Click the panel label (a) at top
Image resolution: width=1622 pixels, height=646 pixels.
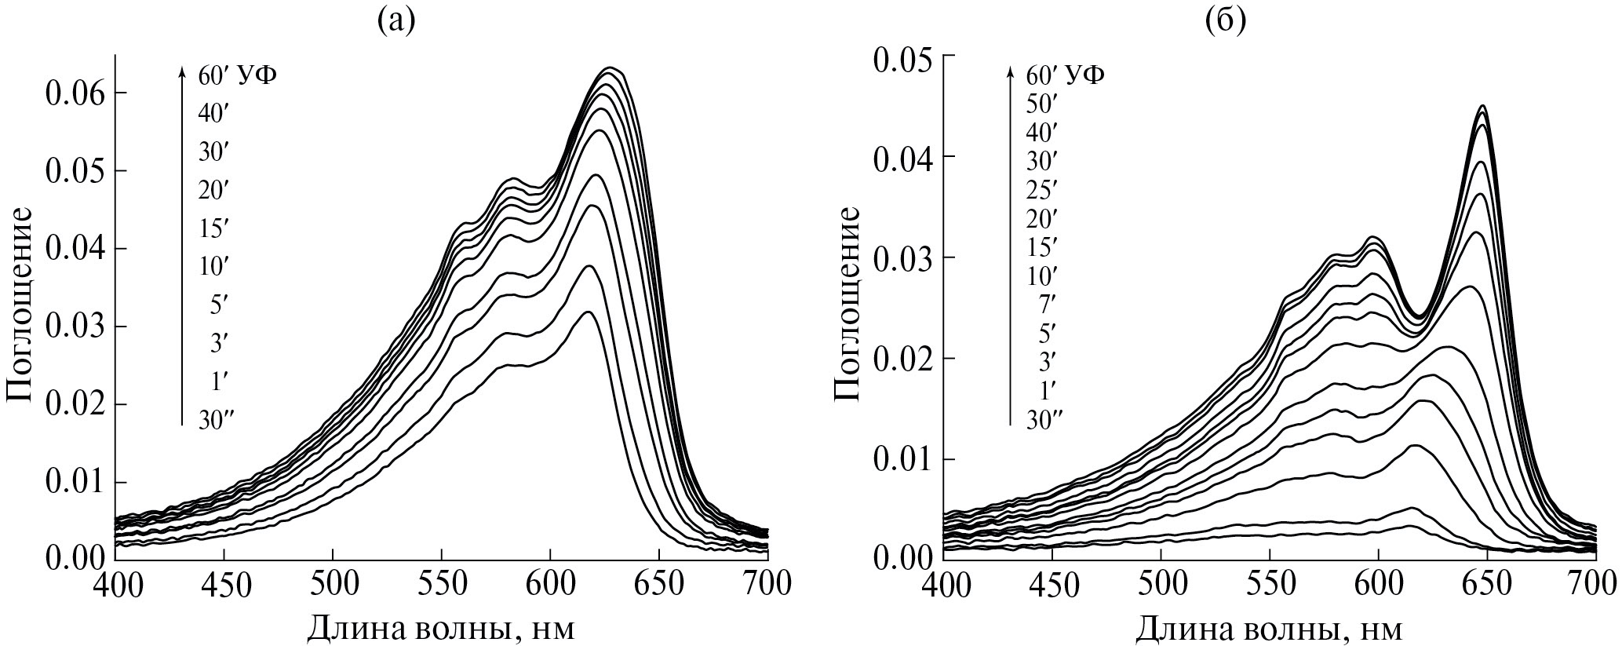[395, 22]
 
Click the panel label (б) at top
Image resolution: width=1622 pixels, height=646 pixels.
[1224, 22]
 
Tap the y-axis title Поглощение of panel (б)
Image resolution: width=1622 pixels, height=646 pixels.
[847, 304]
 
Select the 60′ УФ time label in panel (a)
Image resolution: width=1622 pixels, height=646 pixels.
[237, 75]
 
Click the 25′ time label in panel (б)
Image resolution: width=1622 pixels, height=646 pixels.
[1041, 189]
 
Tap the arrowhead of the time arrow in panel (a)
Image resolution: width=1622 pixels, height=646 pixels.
[182, 71]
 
